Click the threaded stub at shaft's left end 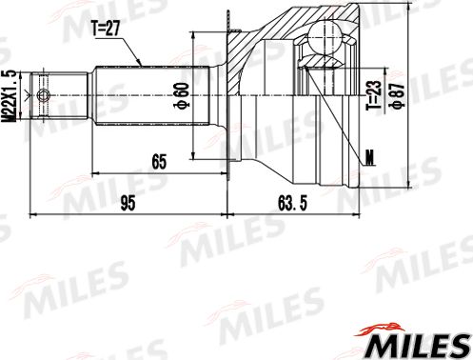point(46,95)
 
